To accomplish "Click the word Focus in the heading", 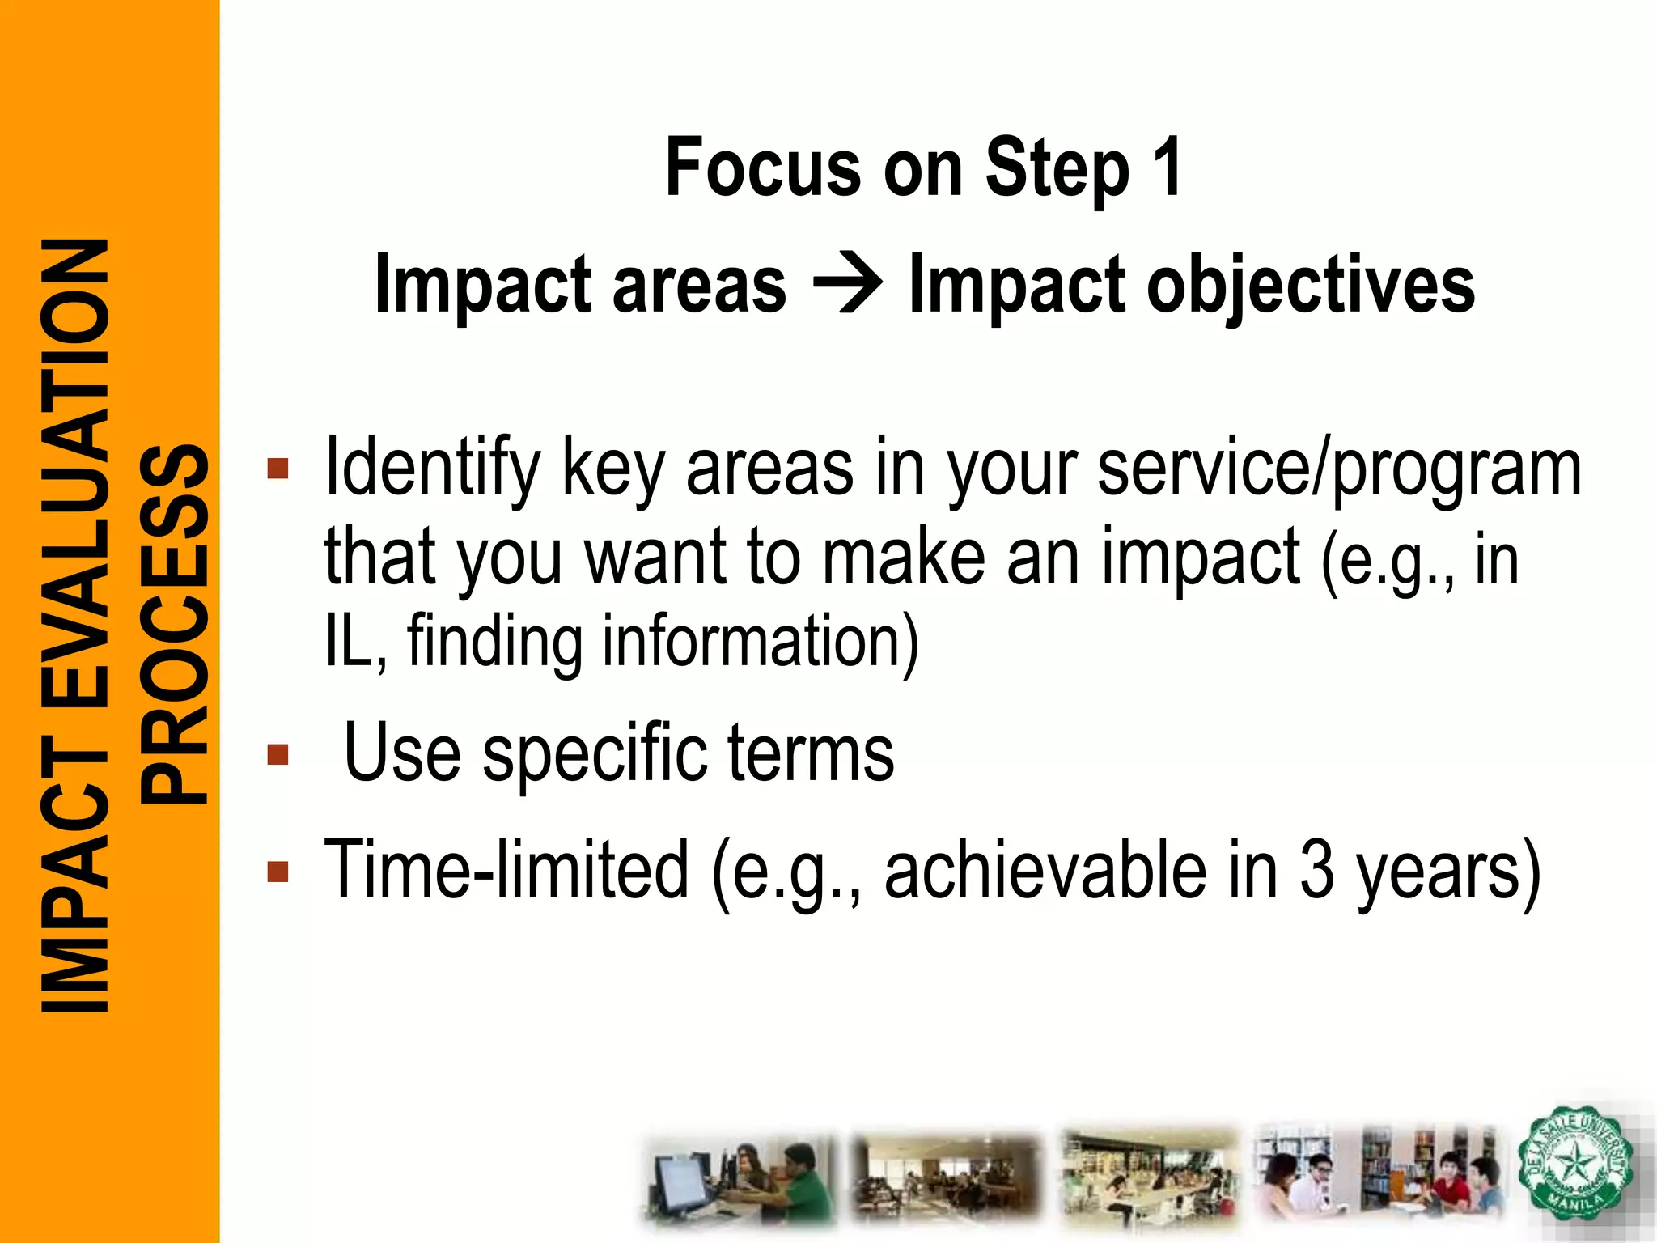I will point(763,168).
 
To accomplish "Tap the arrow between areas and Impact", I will point(847,284).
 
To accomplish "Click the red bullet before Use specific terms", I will point(278,755).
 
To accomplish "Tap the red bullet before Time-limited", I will point(278,872).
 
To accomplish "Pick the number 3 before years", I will point(1316,870).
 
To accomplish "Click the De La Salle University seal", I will point(1574,1165).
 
